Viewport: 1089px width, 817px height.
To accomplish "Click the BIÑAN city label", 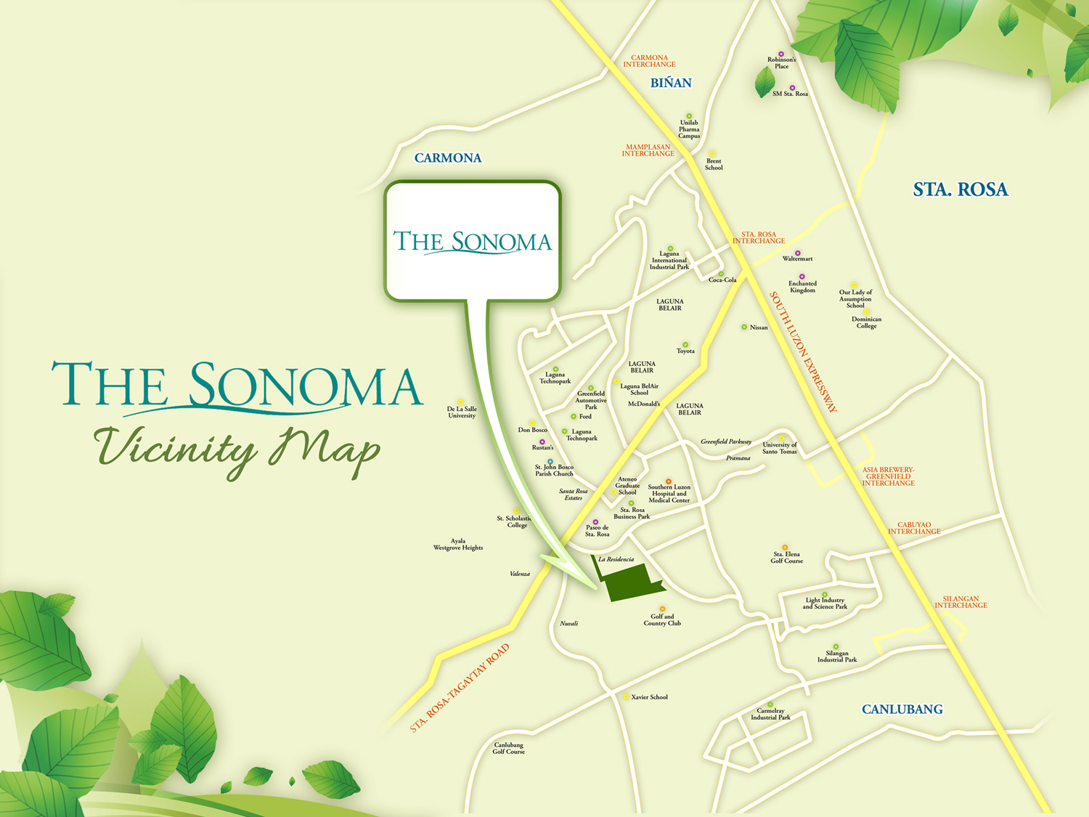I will tap(671, 83).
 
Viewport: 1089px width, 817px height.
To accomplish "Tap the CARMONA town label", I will tap(448, 158).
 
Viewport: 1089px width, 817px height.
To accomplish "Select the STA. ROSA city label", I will tap(960, 190).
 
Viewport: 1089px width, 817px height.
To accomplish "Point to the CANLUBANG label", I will tap(902, 710).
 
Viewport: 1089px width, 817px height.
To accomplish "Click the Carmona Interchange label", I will tap(649, 61).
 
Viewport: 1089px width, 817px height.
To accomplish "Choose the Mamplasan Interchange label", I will tap(648, 150).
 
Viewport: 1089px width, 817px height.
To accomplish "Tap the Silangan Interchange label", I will tap(960, 602).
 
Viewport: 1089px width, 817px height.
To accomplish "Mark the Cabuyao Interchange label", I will tap(914, 528).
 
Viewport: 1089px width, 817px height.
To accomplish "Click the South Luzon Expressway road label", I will tap(803, 351).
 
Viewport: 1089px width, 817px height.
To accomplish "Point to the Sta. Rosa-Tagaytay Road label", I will tap(460, 688).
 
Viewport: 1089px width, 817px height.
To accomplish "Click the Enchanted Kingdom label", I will tap(802, 287).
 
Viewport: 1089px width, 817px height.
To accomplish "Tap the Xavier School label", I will tap(649, 697).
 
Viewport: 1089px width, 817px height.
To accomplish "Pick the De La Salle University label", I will tap(462, 412).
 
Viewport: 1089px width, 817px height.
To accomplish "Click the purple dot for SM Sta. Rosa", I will tap(792, 88).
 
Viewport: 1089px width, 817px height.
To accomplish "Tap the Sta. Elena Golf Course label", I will tap(786, 557).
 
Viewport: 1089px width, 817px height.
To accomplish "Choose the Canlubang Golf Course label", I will tap(508, 748).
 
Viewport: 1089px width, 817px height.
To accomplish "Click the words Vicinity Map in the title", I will tap(237, 449).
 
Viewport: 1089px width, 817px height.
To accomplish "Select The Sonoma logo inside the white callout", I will tap(472, 242).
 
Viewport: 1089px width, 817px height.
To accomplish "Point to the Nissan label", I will tap(759, 328).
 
